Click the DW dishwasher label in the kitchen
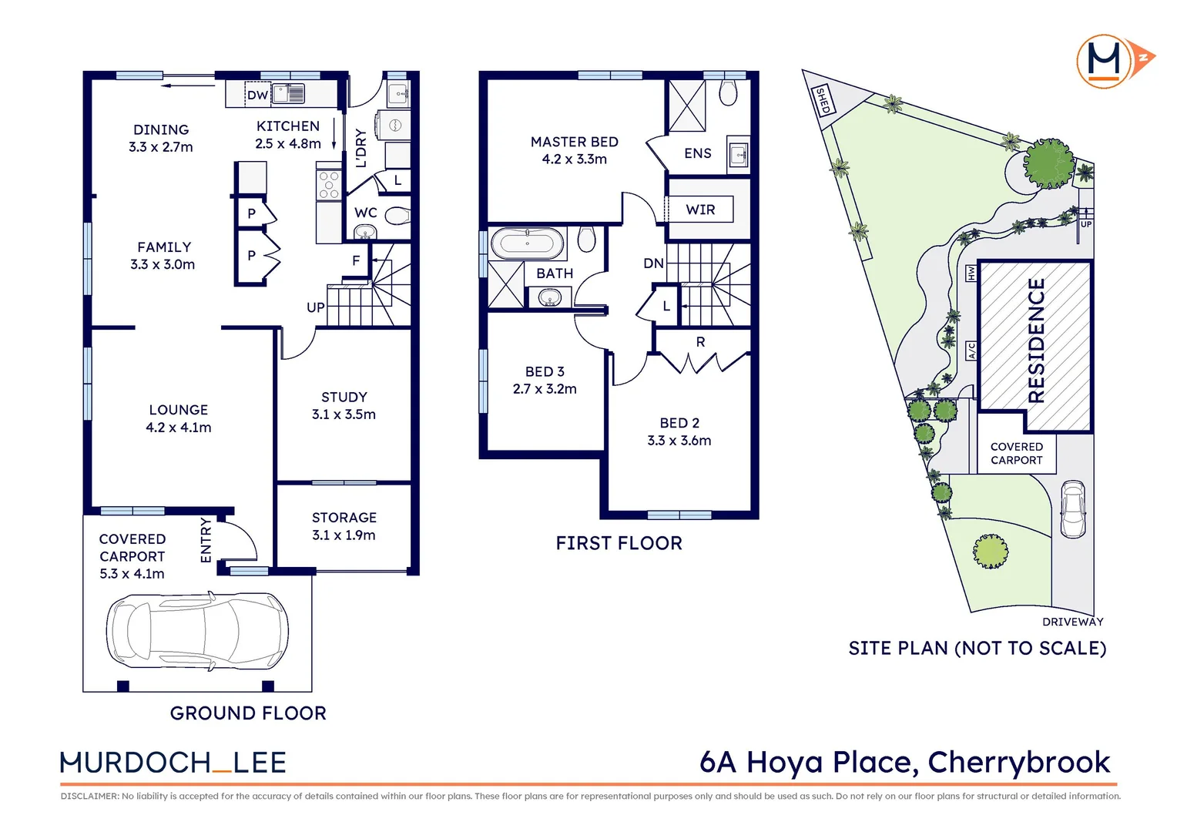click(x=257, y=95)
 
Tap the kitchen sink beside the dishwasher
click(x=288, y=93)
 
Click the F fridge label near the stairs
click(x=356, y=260)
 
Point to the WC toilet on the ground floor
click(x=397, y=216)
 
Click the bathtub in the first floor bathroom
click(x=527, y=243)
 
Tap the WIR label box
click(x=700, y=210)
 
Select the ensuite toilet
click(x=728, y=92)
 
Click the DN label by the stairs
click(x=654, y=263)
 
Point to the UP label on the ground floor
click(x=316, y=307)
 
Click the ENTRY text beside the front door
click(x=206, y=540)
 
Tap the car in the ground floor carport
click(x=197, y=631)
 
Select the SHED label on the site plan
click(x=823, y=100)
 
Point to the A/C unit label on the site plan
click(x=971, y=351)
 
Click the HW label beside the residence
click(x=971, y=273)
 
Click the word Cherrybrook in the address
click(x=1019, y=763)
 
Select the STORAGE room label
click(x=344, y=518)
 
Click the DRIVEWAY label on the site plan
click(x=1072, y=622)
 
